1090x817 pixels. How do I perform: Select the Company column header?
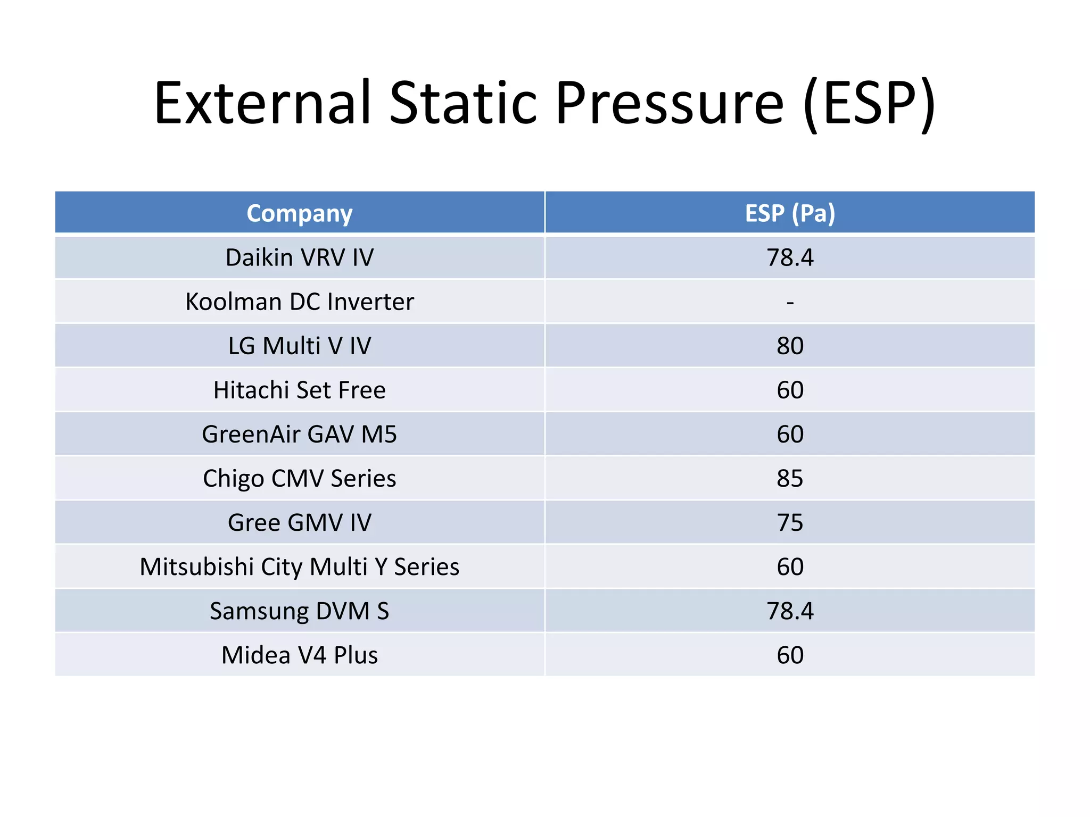300,213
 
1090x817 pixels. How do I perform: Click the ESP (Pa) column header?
790,213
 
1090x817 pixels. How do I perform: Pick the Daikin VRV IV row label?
300,257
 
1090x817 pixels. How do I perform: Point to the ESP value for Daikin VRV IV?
790,257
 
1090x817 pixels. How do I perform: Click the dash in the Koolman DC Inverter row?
790,302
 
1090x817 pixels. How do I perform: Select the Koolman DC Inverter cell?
300,302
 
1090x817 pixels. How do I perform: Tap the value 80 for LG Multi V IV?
790,346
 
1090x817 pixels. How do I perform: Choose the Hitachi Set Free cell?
300,390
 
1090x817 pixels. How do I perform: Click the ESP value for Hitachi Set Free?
790,390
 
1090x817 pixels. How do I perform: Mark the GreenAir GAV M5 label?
300,434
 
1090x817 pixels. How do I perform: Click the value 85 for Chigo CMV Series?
790,478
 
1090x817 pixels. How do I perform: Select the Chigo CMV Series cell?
300,478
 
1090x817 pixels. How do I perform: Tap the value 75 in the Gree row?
790,522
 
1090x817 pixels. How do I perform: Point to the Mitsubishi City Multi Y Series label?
300,566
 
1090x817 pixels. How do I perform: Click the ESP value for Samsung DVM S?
790,611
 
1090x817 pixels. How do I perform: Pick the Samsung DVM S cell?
300,611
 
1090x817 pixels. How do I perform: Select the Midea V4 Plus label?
300,655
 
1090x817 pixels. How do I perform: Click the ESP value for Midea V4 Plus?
790,655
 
